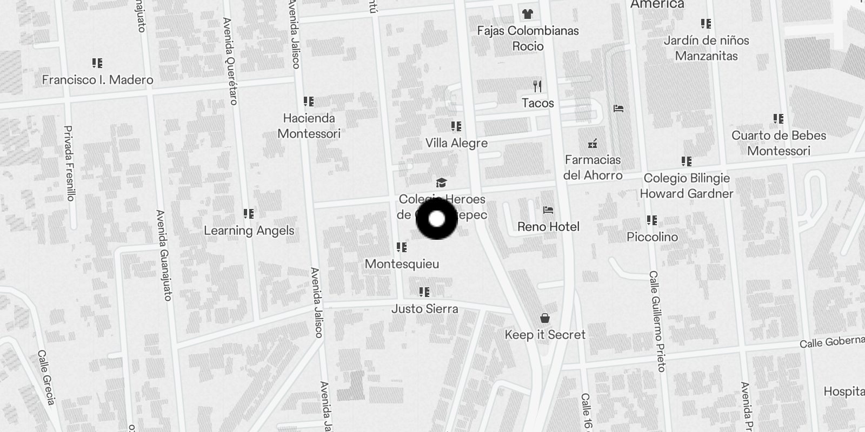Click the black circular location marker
pos(436,219)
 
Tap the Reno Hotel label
pos(548,227)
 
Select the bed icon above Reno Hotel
pos(548,210)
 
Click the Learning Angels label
pos(249,231)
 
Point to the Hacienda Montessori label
pos(309,126)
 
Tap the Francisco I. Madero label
pos(98,80)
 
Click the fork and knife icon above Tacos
pos(537,86)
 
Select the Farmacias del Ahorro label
pos(593,167)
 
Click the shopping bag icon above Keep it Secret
pos(545,319)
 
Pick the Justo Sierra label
pos(425,309)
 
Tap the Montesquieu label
pos(402,264)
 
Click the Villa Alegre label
pos(456,143)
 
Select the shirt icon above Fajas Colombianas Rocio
pos(527,14)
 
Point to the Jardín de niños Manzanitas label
pos(706,48)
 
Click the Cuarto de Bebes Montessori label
pos(778,143)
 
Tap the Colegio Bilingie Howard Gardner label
pos(687,186)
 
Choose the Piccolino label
pos(652,237)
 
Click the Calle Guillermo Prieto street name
pos(657,321)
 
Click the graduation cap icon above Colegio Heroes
pos(442,183)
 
